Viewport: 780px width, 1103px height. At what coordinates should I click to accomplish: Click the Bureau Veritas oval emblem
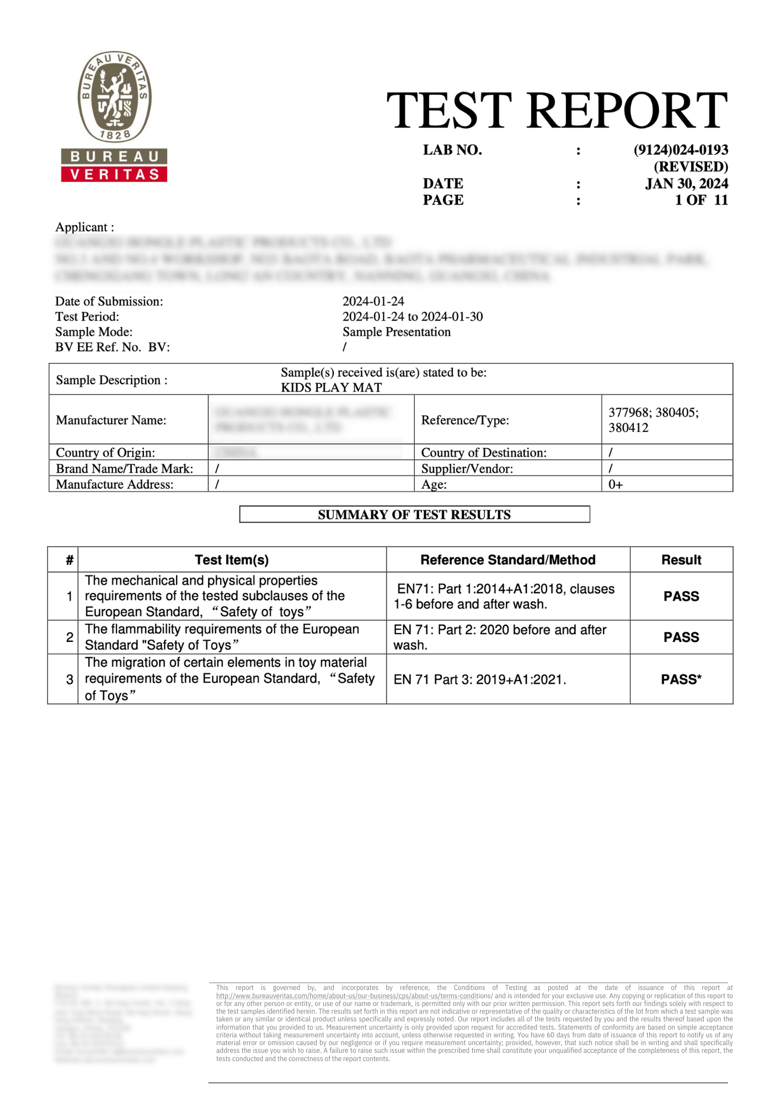click(x=114, y=97)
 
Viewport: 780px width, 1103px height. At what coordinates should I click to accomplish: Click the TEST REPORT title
click(x=557, y=110)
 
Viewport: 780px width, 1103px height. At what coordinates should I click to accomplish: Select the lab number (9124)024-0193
click(x=681, y=150)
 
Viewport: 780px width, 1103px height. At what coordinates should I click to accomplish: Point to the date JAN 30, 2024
click(x=686, y=184)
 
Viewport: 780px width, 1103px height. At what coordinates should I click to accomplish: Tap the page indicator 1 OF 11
click(x=701, y=200)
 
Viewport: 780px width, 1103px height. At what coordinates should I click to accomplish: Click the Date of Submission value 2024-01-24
click(x=373, y=301)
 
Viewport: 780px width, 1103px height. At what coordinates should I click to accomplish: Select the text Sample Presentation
click(x=397, y=332)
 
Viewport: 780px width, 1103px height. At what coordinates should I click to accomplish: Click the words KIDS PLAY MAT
click(x=331, y=388)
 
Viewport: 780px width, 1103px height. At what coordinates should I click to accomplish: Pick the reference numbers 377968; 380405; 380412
click(x=653, y=420)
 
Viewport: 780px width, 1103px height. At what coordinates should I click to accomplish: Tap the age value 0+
click(x=616, y=485)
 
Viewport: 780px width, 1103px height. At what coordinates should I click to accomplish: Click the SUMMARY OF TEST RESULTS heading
click(x=414, y=515)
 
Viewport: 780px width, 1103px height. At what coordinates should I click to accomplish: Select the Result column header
click(x=681, y=560)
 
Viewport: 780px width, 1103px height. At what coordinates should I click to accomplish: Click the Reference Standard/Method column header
click(x=507, y=560)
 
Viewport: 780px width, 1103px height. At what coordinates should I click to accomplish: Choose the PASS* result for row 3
click(x=681, y=679)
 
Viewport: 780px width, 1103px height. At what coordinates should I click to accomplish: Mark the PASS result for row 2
click(x=681, y=638)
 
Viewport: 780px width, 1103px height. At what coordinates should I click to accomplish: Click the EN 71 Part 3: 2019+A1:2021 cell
click(x=480, y=679)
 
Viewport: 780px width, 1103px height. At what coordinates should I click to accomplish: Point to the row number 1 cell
click(x=70, y=596)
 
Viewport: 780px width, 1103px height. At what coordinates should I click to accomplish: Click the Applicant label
click(x=84, y=227)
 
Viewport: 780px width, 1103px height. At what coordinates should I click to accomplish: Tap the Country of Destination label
click(x=484, y=453)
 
